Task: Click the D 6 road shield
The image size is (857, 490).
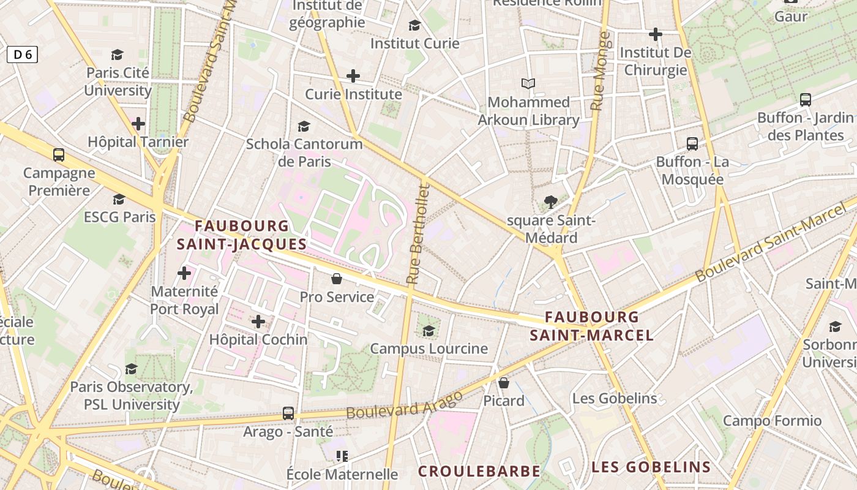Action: [22, 55]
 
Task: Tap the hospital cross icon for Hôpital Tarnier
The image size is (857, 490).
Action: [138, 124]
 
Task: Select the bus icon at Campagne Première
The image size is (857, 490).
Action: [59, 154]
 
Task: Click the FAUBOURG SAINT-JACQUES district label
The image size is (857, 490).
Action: [242, 235]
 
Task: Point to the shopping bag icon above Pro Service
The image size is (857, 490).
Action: [336, 279]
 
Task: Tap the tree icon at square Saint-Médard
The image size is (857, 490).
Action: [550, 202]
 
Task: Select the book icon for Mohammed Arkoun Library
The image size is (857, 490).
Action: [528, 83]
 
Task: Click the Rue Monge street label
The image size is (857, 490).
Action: [600, 71]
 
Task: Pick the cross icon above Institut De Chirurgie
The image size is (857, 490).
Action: [656, 34]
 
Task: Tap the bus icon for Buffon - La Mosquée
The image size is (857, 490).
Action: [692, 144]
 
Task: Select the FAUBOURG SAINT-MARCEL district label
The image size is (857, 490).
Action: [592, 326]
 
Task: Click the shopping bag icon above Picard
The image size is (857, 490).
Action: [503, 383]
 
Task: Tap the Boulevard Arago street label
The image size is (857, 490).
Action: [404, 405]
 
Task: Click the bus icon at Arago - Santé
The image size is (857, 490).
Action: [288, 413]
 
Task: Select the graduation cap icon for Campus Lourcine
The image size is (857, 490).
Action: [428, 331]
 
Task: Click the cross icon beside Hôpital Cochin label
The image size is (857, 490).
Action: [258, 321]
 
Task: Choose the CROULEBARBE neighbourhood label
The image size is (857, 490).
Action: [479, 471]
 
